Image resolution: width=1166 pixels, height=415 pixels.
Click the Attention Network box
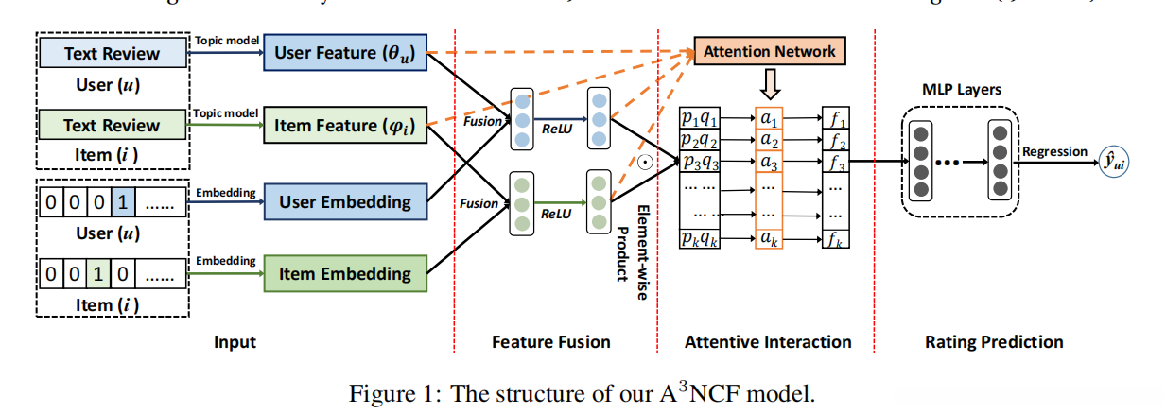point(769,51)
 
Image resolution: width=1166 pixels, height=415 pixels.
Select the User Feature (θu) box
point(345,53)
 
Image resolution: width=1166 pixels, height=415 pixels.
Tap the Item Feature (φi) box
point(345,126)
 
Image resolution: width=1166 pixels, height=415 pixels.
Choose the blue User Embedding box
point(345,201)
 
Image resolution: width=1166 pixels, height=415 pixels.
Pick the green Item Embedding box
point(345,274)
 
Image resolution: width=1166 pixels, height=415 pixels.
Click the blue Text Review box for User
point(112,53)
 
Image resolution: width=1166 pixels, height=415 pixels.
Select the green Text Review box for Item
point(112,125)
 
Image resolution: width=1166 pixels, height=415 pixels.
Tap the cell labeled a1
point(770,120)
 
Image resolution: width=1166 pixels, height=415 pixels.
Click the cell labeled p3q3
point(701,162)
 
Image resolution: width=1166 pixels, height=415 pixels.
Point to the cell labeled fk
point(835,239)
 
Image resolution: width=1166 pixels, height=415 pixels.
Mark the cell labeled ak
point(770,239)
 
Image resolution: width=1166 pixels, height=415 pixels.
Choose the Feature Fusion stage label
point(551,341)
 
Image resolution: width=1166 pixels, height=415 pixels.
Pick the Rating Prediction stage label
point(993,341)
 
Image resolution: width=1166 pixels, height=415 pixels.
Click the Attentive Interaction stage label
point(768,341)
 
